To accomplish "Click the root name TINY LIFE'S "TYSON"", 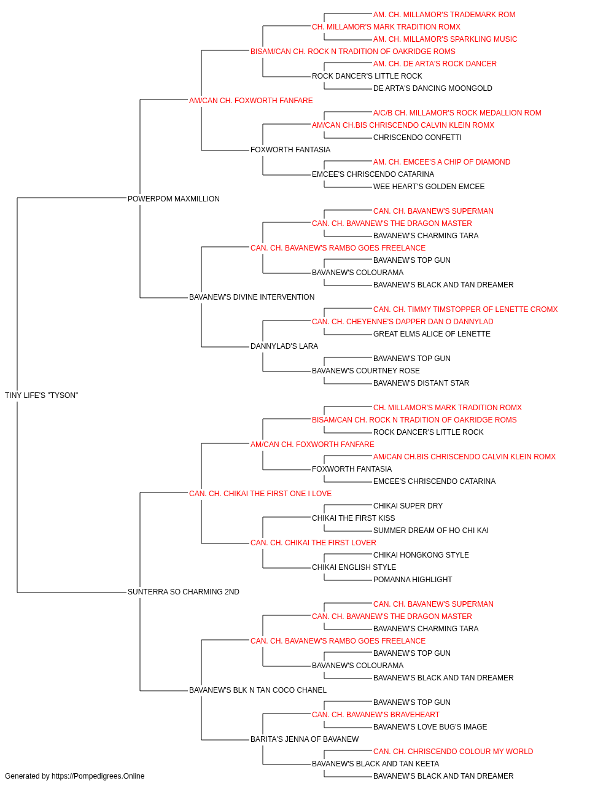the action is point(41,395).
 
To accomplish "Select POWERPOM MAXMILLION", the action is point(174,198).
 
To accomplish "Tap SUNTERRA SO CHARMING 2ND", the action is point(184,591).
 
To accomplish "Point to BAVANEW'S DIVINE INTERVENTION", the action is point(252,297).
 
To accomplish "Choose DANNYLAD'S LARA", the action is point(284,346).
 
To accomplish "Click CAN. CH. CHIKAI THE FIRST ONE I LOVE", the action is point(260,493).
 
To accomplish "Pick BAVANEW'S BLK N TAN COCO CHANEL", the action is point(258,690).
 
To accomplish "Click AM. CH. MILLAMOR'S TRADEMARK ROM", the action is point(444,15).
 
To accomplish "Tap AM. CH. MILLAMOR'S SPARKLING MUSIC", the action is point(445,39).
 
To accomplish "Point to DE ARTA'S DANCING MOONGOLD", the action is point(432,88).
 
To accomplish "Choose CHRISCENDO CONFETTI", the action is point(418,138).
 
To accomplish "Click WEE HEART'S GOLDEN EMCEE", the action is point(429,186).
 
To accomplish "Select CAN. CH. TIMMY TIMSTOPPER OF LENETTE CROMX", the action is point(465,309).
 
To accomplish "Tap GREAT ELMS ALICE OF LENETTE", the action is point(432,334).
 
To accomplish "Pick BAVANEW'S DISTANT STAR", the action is point(421,383).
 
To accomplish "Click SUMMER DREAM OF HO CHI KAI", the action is point(430,531).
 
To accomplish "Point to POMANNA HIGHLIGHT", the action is point(413,579).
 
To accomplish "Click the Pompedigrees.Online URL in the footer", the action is point(98,776).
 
